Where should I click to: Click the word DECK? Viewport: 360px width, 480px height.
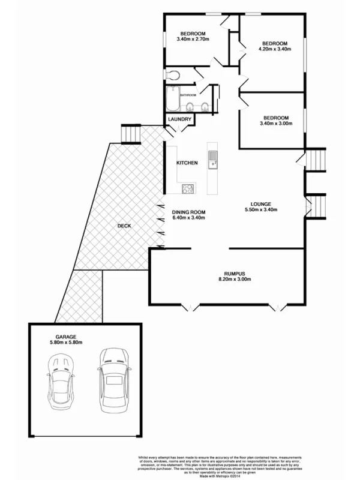[124, 226]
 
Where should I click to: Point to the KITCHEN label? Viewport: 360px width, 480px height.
[187, 163]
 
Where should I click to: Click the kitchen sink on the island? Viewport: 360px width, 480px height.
[212, 160]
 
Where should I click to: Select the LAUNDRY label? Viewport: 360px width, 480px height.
[179, 119]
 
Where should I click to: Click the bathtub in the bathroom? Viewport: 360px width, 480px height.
[173, 98]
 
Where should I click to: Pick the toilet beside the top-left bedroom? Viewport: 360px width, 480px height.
[173, 75]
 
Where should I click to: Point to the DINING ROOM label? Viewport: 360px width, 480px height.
[189, 212]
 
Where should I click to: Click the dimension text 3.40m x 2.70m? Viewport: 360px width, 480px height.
[192, 39]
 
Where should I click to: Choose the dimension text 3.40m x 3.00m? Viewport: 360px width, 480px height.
[276, 124]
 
